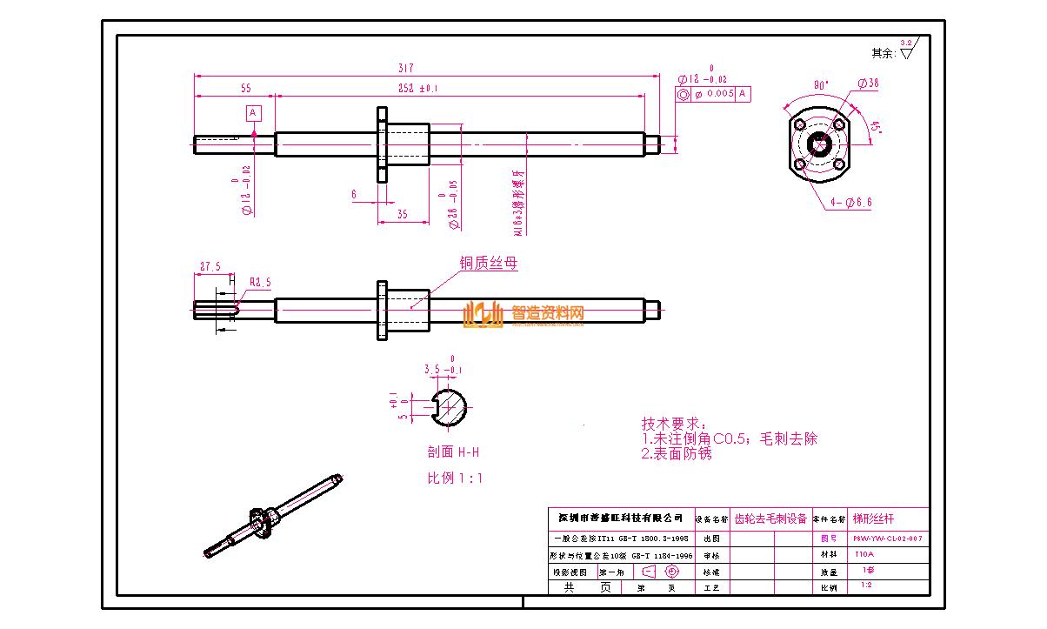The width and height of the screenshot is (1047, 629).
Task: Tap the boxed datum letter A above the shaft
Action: (x=253, y=113)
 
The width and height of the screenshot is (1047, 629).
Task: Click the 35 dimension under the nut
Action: (x=402, y=214)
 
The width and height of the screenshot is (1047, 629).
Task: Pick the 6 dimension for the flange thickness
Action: (x=354, y=195)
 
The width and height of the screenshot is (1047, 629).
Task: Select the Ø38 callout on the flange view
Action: (x=867, y=84)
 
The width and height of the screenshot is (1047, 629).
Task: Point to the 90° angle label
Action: (x=820, y=85)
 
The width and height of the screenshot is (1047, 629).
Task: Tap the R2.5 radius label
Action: (x=260, y=283)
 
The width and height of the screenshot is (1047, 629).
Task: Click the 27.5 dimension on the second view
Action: (x=210, y=266)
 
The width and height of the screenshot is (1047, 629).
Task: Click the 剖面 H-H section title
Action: (x=453, y=452)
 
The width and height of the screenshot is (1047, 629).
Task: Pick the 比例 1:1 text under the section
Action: (x=454, y=478)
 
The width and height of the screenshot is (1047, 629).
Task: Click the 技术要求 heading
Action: (x=675, y=424)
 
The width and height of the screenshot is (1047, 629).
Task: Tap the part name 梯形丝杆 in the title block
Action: (x=872, y=518)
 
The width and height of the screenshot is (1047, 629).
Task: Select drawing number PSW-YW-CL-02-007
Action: (x=887, y=539)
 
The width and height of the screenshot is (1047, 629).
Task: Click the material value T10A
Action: (x=864, y=554)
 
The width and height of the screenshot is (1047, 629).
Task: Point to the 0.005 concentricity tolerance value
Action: (x=720, y=94)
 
